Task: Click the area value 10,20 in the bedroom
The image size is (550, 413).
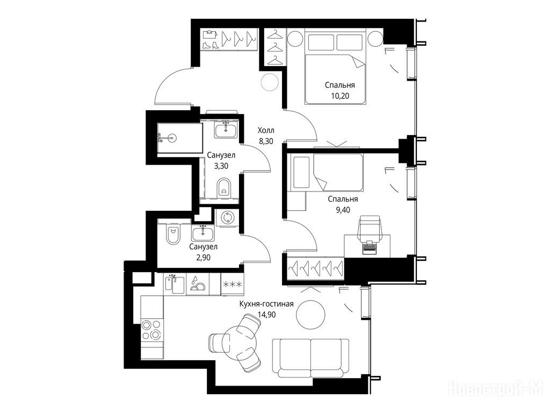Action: (340, 96)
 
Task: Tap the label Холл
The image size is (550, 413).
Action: (266, 131)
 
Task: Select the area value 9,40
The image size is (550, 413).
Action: (343, 210)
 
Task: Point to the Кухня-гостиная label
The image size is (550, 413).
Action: (266, 304)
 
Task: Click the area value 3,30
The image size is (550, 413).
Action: (221, 166)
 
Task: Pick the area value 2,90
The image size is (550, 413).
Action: (203, 258)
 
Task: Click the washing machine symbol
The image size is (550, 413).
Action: (226, 218)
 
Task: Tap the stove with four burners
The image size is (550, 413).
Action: (152, 331)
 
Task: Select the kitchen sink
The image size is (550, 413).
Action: (175, 284)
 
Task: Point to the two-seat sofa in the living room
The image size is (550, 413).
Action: (310, 358)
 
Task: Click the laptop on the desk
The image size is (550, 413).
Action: (368, 247)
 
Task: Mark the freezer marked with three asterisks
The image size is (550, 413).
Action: (232, 284)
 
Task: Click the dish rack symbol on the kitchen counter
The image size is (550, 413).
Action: (197, 284)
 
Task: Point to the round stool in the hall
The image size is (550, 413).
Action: (270, 82)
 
